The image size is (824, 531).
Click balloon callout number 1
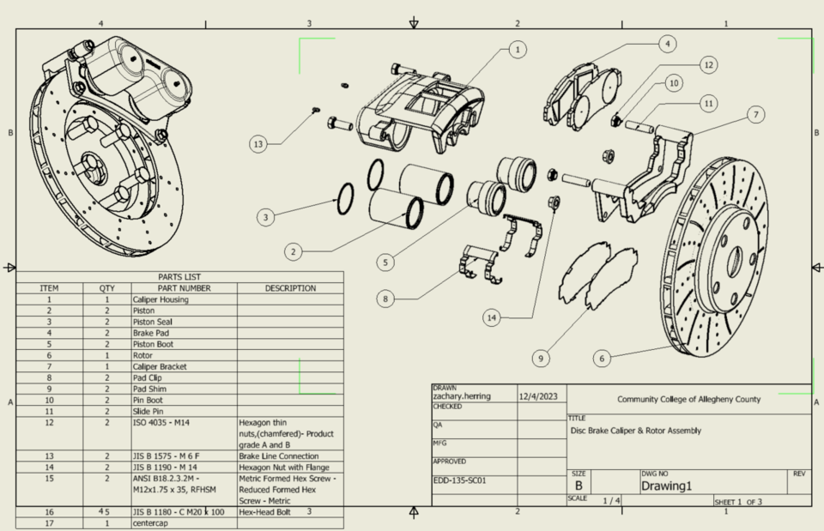click(516, 50)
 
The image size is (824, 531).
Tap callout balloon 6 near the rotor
click(603, 359)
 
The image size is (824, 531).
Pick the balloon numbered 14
click(491, 317)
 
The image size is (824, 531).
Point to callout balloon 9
click(541, 357)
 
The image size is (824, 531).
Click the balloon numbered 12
click(707, 64)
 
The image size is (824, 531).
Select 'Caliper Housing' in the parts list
click(161, 299)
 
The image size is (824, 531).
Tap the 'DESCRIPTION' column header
click(290, 288)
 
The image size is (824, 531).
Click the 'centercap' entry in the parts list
click(151, 522)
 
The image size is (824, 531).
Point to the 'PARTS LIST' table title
click(179, 276)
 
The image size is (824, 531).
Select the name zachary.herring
click(461, 397)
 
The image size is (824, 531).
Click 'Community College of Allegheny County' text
click(688, 399)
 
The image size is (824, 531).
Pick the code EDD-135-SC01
click(460, 480)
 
